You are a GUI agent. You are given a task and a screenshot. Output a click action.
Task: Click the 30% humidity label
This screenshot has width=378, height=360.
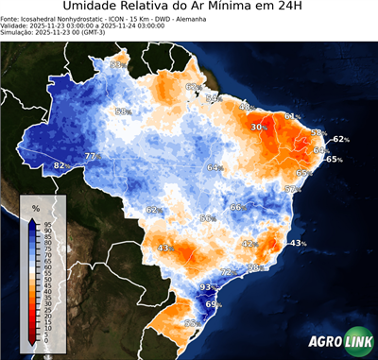click(x=258, y=127)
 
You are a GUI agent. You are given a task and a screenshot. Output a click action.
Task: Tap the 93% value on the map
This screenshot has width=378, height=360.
click(x=210, y=285)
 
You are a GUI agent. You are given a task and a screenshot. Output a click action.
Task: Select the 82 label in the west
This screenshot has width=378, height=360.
click(x=59, y=165)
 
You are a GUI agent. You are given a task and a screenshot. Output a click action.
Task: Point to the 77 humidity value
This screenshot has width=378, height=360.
click(x=90, y=156)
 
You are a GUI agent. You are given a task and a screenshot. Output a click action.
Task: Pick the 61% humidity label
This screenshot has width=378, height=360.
click(x=292, y=117)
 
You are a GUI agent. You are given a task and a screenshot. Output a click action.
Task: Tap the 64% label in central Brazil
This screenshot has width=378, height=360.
click(x=215, y=167)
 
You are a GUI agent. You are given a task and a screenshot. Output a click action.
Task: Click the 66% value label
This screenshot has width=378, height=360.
click(x=238, y=207)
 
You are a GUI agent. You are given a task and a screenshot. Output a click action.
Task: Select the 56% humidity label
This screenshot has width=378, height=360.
click(x=207, y=218)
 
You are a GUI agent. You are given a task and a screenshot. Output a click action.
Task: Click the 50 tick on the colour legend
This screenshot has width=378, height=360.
click(x=48, y=280)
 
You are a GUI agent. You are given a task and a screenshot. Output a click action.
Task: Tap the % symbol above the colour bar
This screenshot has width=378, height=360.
click(x=35, y=208)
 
